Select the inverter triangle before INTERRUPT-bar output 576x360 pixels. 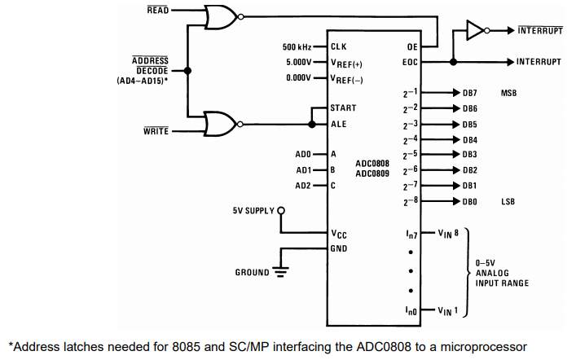475,31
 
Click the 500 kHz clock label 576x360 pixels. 299,46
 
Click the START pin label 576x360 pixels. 343,108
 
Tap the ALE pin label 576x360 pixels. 338,124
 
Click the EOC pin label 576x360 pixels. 410,62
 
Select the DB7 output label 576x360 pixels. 470,93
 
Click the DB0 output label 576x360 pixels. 470,201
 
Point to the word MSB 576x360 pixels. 509,93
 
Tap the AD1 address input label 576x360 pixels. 303,169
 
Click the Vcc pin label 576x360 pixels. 338,234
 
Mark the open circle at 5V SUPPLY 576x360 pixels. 281,211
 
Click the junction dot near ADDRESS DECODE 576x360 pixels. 188,71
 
